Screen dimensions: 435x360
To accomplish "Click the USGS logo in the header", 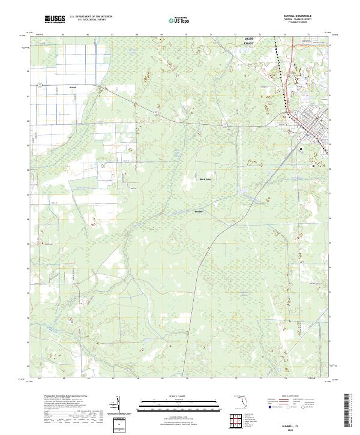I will pyautogui.click(x=55, y=19).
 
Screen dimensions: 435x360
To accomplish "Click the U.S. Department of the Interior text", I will pyautogui.click(x=91, y=17).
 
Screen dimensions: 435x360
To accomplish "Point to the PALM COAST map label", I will pyautogui.click(x=248, y=41).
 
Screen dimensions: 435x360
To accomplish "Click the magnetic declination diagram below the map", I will pyautogui.click(x=120, y=406).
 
